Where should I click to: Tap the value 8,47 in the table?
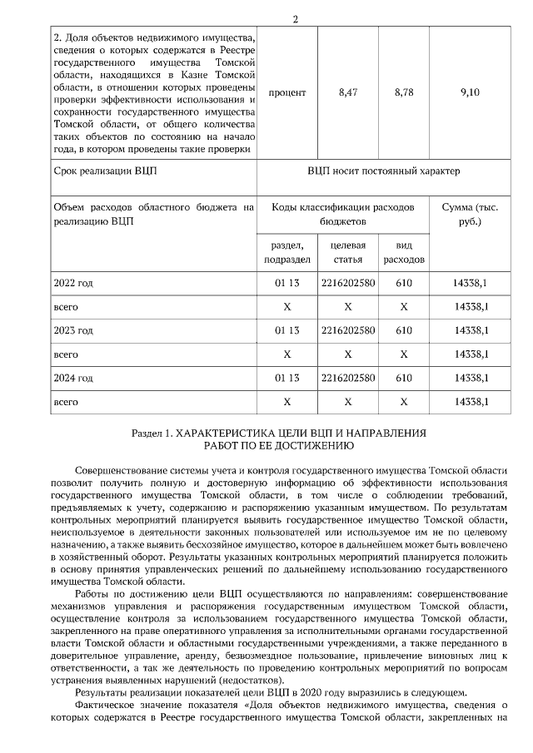tap(348, 92)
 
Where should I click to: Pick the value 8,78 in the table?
tap(404, 92)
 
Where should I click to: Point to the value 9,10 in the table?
tap(470, 92)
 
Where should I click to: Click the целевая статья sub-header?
tap(348, 253)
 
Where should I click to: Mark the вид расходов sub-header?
tap(404, 253)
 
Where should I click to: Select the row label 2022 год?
tap(73, 284)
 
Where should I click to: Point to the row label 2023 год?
tap(73, 330)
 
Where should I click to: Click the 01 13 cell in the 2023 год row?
tap(286, 330)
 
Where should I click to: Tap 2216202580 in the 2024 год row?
tap(348, 378)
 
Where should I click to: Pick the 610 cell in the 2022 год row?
tap(404, 284)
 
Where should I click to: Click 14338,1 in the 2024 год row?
tap(470, 378)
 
